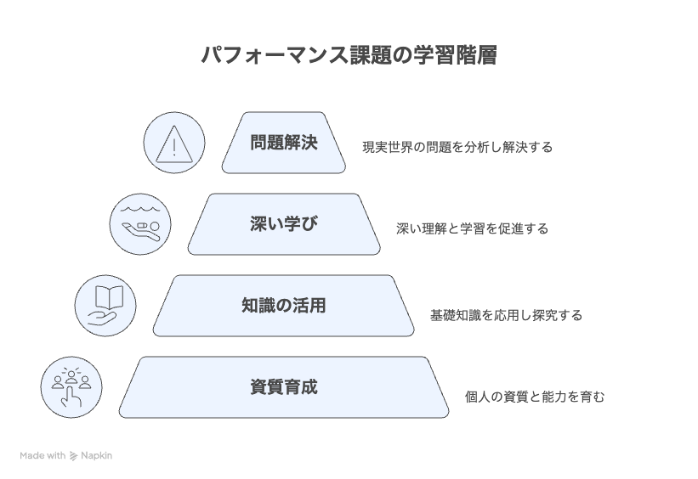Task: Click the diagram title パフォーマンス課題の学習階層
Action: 349,55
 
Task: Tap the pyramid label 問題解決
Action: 284,143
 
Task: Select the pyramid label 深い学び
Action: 284,223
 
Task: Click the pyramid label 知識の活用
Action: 284,306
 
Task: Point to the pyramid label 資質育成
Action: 284,387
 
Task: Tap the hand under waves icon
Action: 140,224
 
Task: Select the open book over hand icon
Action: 105,306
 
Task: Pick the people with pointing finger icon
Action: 71,387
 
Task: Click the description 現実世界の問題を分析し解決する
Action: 457,147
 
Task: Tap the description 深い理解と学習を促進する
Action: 473,228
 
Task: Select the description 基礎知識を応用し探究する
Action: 506,315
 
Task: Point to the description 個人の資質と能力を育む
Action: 535,397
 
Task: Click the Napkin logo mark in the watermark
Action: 73,456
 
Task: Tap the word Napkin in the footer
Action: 96,456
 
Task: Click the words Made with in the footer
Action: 43,456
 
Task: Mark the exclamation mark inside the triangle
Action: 174,147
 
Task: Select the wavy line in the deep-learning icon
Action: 139,209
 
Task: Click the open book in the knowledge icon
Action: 109,297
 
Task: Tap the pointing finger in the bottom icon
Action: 71,397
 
